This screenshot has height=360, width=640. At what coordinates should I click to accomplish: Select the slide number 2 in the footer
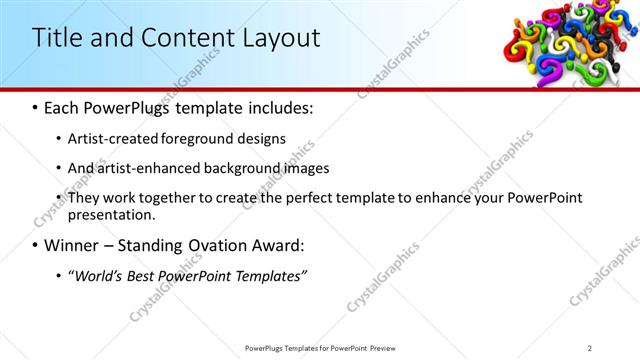pos(590,347)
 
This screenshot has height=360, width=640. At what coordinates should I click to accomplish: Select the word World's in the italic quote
pos(97,275)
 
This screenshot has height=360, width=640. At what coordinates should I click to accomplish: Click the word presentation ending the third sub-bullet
pos(111,214)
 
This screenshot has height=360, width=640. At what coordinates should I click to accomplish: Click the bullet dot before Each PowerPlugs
pos(36,107)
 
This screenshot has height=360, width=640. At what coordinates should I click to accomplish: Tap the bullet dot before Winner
pos(36,245)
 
